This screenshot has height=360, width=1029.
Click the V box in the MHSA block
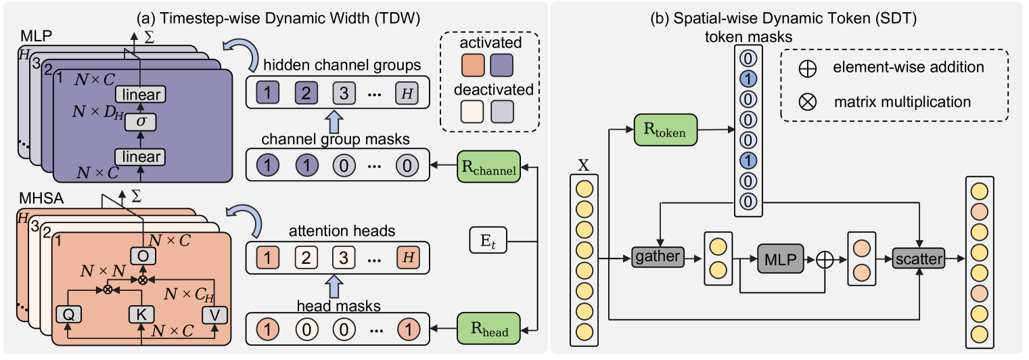click(214, 313)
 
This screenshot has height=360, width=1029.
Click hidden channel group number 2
click(304, 90)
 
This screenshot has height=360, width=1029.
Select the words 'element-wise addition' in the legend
click(909, 68)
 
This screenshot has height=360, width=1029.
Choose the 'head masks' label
click(338, 306)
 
